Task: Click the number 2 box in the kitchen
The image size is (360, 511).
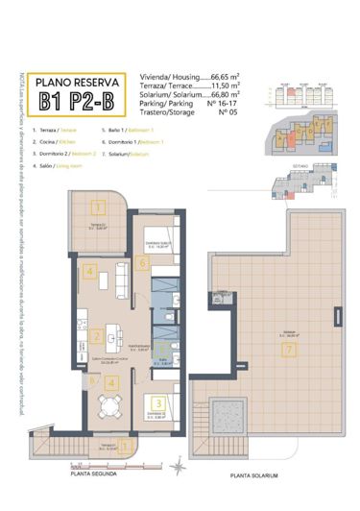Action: pyautogui.click(x=97, y=336)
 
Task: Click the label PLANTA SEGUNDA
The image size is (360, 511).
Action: pyautogui.click(x=92, y=474)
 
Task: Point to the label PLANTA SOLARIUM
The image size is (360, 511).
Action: pyautogui.click(x=253, y=474)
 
